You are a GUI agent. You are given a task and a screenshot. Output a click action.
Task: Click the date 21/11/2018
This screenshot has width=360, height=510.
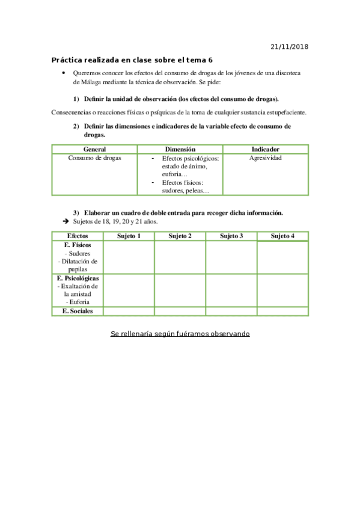290,46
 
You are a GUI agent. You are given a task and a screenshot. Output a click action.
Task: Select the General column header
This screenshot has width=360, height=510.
95,149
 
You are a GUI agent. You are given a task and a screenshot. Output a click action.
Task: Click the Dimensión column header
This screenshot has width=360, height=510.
180,149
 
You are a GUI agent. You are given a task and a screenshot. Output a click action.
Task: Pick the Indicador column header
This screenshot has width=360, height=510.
265,149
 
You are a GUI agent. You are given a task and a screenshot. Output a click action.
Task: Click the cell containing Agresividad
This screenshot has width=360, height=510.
265,158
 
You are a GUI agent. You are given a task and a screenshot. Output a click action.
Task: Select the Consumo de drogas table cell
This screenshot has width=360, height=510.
95,158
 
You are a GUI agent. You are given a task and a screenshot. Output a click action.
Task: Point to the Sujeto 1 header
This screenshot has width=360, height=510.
129,236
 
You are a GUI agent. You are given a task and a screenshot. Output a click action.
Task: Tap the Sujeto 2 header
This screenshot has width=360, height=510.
180,236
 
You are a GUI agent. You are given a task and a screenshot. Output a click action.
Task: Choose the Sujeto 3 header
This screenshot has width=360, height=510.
231,236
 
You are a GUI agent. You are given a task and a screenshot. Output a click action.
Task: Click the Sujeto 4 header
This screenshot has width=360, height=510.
282,236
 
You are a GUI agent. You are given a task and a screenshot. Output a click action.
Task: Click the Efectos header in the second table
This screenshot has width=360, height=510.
77,236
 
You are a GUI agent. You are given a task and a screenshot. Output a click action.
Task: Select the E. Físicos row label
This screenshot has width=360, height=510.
77,245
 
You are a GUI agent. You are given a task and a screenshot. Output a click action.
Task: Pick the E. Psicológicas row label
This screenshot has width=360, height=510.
78,278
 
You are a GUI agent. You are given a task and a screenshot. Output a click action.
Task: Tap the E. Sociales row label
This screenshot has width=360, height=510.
77,311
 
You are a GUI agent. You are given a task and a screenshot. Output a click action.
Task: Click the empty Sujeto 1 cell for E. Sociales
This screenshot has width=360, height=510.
129,311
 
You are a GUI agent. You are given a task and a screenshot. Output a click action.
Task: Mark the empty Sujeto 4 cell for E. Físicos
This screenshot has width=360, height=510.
282,257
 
